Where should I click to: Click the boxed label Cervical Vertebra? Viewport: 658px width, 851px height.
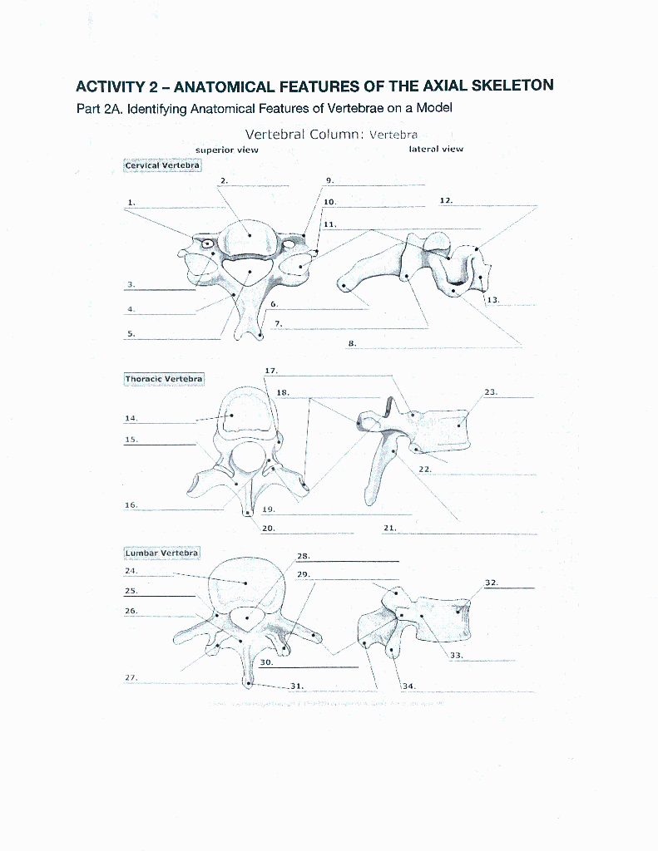click(162, 165)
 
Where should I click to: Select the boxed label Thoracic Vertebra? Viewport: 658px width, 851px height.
click(164, 379)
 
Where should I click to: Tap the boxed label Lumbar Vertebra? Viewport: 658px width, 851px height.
click(162, 553)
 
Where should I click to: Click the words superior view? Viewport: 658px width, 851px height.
click(226, 150)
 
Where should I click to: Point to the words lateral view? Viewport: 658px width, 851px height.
click(436, 150)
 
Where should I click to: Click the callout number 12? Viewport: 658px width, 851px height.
click(446, 201)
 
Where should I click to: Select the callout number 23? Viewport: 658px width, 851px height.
click(490, 391)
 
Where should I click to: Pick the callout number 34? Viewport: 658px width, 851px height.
click(408, 686)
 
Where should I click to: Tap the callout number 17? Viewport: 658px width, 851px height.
click(270, 371)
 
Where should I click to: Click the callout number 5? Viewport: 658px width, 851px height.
click(131, 334)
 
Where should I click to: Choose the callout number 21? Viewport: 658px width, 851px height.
click(389, 529)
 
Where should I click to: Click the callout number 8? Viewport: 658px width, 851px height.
click(352, 342)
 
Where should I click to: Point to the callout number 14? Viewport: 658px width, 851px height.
click(131, 418)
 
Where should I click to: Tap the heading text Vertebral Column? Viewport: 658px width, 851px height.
click(304, 134)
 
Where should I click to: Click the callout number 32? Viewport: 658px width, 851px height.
click(492, 583)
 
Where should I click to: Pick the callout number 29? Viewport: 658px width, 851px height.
click(303, 574)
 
